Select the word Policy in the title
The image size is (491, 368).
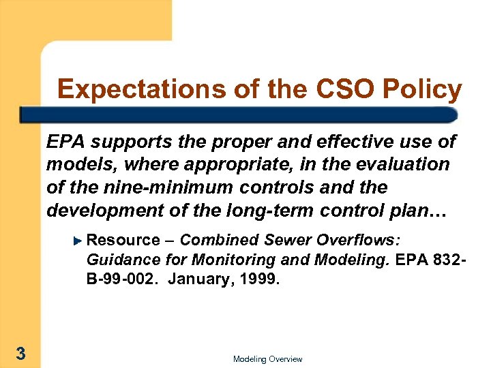coord(423,89)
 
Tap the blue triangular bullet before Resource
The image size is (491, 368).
coord(78,240)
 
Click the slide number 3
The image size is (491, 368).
coord(21,353)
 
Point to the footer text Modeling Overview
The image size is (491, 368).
coord(267,359)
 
